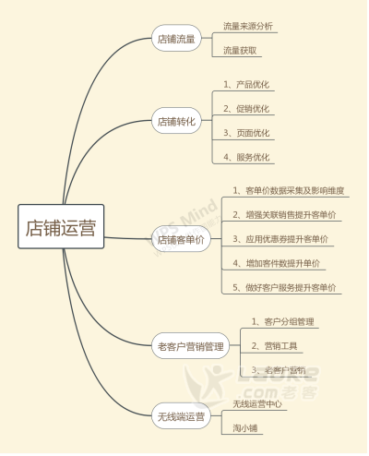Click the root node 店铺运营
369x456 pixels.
pos(61,226)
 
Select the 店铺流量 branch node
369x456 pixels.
pos(176,39)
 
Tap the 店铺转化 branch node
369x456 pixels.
pos(176,121)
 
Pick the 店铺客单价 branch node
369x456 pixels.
pos(181,239)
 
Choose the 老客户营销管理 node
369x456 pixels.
pos(191,346)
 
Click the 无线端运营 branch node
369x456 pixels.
pos(181,416)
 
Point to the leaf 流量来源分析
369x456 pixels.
pos(248,26)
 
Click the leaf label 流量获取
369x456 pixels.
pos(240,51)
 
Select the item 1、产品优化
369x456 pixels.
pos(246,84)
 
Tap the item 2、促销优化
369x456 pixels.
pos(246,109)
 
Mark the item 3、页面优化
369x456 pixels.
pos(246,133)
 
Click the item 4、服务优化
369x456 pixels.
pos(246,157)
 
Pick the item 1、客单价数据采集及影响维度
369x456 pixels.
pos(289,190)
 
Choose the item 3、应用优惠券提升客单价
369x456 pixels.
pos(280,239)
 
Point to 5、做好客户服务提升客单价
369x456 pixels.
pos(284,288)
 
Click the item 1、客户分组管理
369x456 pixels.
pos(283,321)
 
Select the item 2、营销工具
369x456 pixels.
pos(275,346)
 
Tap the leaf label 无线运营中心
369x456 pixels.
pos(257,403)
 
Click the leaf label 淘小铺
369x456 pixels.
pos(244,428)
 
